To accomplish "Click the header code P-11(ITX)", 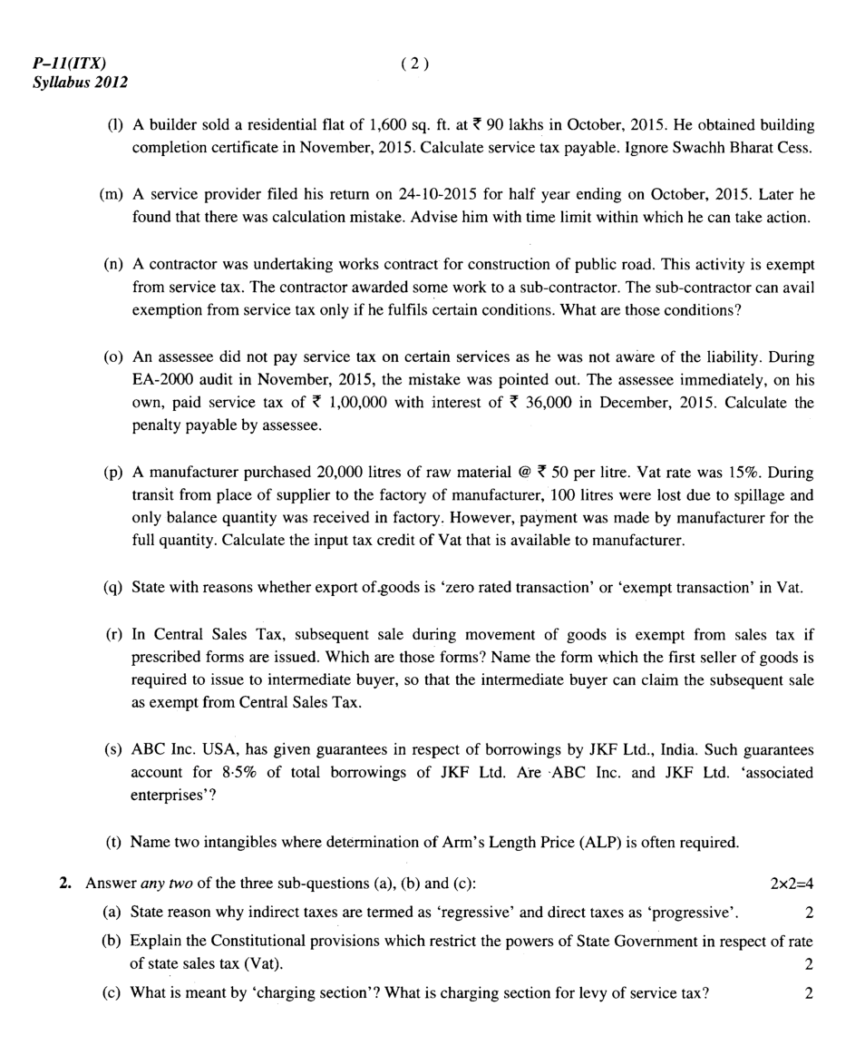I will tap(68, 63).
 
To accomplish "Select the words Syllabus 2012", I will tap(80, 83).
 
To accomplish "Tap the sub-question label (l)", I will tap(114, 124).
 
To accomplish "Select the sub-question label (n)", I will tap(114, 264).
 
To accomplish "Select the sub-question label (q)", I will tap(114, 587).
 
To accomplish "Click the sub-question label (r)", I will tap(114, 634).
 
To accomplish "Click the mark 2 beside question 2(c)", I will tap(809, 992).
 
